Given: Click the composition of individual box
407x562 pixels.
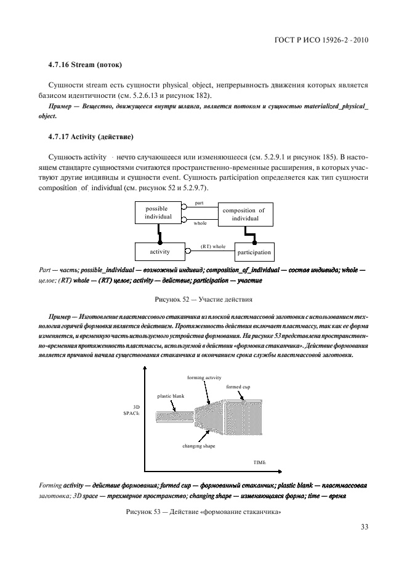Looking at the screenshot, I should point(244,214).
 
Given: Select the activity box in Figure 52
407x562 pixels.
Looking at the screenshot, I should point(159,252).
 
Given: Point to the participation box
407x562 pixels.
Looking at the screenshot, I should point(254,252).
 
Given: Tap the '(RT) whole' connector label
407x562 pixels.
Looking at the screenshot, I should point(212,247).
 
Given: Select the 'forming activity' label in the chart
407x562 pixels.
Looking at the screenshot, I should point(204,377).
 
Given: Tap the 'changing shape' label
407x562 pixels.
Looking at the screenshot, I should point(198,446).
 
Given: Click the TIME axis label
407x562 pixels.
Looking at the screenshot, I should point(260,462).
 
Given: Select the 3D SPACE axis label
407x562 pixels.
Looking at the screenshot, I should point(131,411).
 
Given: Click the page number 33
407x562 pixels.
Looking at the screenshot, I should point(363,526).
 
